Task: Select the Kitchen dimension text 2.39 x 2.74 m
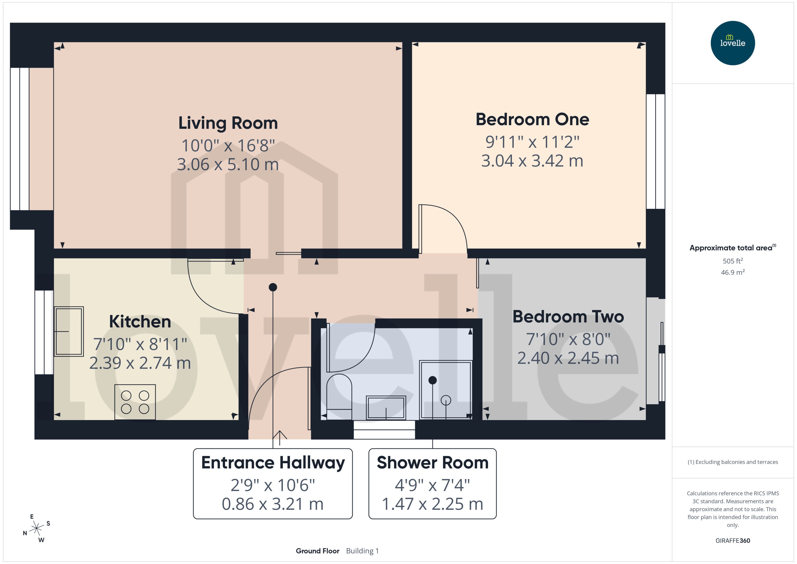coord(140,363)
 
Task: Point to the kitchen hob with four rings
coord(135,402)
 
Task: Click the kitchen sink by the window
coord(69,331)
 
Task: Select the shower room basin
coord(386,407)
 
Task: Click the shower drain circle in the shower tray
coord(446,401)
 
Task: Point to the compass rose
coord(36,528)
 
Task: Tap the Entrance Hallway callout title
coord(273,463)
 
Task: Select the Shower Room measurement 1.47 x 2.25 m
coord(432,504)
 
